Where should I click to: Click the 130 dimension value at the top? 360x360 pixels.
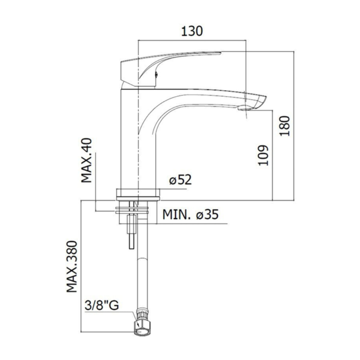click(x=192, y=31)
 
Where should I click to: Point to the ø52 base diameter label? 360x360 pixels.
click(x=180, y=180)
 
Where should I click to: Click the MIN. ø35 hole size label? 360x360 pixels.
click(x=190, y=214)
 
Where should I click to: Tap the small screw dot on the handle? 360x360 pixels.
click(x=156, y=74)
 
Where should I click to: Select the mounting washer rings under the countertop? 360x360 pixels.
click(x=132, y=210)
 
